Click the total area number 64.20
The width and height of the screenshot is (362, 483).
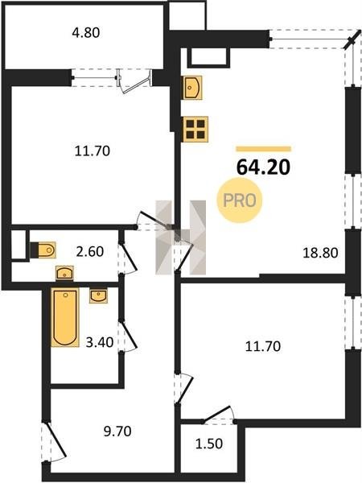tap(263, 167)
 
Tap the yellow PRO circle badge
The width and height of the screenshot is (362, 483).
tap(240, 200)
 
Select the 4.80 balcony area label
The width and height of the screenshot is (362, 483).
tap(86, 33)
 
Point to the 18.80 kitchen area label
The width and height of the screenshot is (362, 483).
tap(320, 253)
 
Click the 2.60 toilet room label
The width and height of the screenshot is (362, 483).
tap(90, 252)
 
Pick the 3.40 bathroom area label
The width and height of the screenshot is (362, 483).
tap(100, 342)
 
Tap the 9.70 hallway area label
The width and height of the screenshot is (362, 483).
tap(117, 431)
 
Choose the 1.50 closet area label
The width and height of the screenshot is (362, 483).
tap(209, 444)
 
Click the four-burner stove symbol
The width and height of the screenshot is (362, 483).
tap(195, 129)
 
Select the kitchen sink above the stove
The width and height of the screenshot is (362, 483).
tap(192, 88)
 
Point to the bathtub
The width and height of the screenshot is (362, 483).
tap(65, 317)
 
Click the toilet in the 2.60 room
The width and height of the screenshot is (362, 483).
tap(43, 250)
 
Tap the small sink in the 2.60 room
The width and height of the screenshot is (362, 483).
tap(64, 273)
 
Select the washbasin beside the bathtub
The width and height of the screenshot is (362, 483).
tap(98, 295)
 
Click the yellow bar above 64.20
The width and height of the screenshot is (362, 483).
tap(264, 149)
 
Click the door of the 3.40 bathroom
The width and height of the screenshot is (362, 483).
tap(127, 336)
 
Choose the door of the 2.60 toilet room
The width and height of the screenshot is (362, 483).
tap(127, 258)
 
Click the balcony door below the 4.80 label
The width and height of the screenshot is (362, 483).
tap(135, 80)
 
